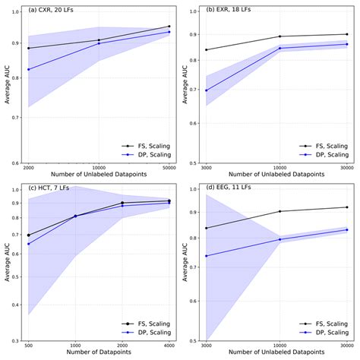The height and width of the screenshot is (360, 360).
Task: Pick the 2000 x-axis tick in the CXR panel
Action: click(29, 168)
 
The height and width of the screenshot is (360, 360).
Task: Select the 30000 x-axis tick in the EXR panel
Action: click(347, 168)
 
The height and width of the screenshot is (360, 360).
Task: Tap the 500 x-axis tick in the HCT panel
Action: click(29, 346)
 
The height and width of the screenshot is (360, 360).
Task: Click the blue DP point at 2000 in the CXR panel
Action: click(29, 70)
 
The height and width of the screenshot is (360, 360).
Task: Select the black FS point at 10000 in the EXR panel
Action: click(280, 36)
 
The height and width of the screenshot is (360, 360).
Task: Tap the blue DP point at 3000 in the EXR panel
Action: click(207, 90)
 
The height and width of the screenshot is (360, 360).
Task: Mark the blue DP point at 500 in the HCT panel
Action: click(29, 244)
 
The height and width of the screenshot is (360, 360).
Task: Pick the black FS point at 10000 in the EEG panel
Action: click(280, 211)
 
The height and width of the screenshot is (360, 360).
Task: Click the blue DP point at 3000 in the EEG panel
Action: click(207, 256)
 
